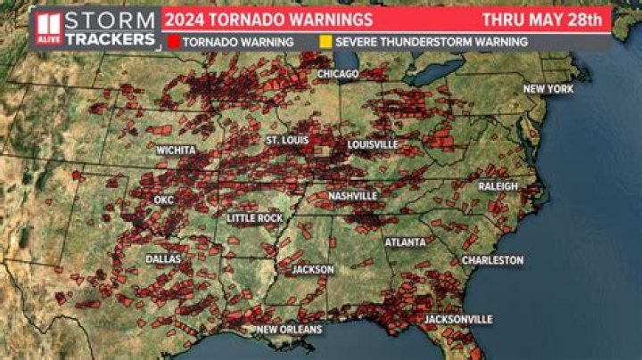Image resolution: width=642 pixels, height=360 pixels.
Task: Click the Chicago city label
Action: (x=338, y=73)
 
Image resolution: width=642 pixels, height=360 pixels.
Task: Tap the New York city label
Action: (x=547, y=89)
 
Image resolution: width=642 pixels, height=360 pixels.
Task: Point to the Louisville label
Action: (x=373, y=144)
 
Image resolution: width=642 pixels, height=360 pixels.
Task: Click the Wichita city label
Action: (x=176, y=151)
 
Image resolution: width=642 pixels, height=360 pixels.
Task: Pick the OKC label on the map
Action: (x=164, y=200)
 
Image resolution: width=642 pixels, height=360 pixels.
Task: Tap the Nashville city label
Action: (x=352, y=196)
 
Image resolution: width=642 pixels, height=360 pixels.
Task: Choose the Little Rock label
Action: (x=255, y=218)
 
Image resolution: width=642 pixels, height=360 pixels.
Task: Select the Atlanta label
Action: (x=405, y=242)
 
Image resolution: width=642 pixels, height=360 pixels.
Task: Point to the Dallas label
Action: (x=163, y=259)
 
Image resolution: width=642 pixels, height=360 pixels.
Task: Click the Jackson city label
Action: (x=313, y=269)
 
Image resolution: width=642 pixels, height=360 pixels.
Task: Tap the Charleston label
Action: (x=492, y=260)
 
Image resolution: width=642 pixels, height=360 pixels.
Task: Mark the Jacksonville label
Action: (x=458, y=319)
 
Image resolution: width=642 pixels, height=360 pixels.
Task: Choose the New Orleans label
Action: (x=289, y=330)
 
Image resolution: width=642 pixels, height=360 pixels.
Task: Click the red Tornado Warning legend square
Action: (x=173, y=42)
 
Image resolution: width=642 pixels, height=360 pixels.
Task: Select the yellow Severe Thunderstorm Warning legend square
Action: (x=326, y=42)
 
